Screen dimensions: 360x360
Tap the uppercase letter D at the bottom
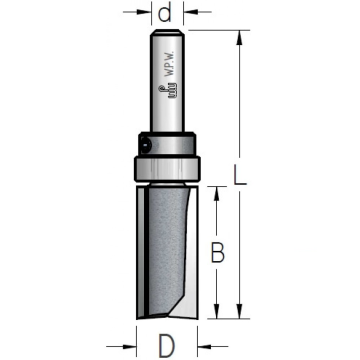pos(166,344)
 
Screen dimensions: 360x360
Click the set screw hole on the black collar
pos(146,144)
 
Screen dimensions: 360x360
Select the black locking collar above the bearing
pos(166,144)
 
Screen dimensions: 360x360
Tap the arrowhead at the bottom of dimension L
pos(240,311)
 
